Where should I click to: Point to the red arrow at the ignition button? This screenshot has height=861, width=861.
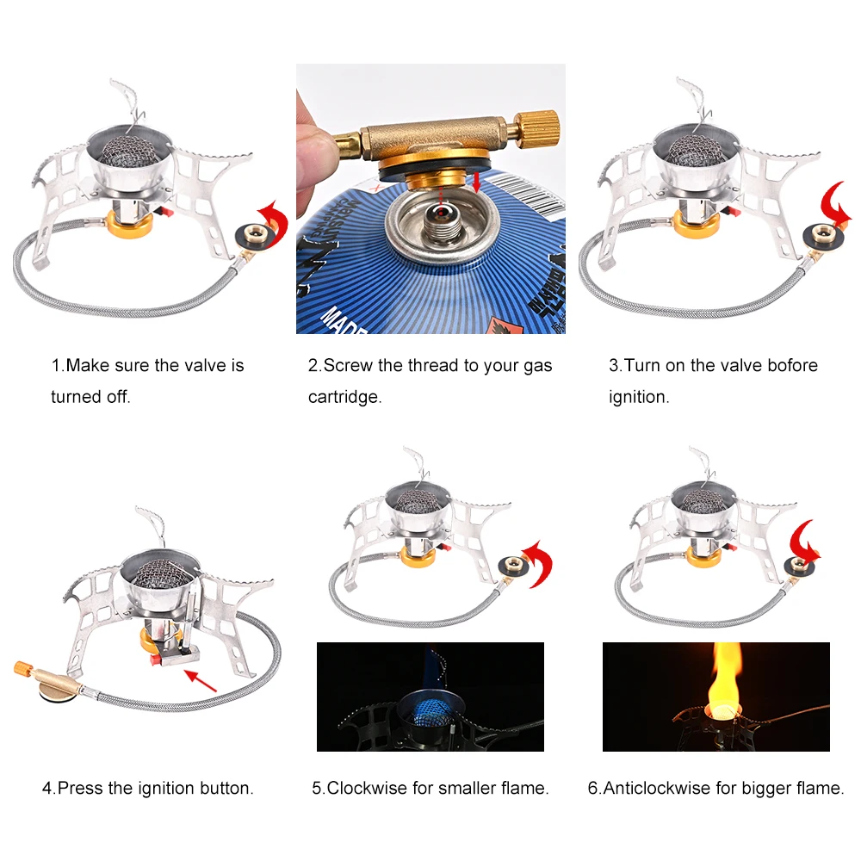(x=201, y=680)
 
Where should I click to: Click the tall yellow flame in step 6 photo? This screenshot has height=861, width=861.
(x=725, y=678)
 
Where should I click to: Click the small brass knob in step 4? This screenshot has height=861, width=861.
(x=23, y=669)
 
